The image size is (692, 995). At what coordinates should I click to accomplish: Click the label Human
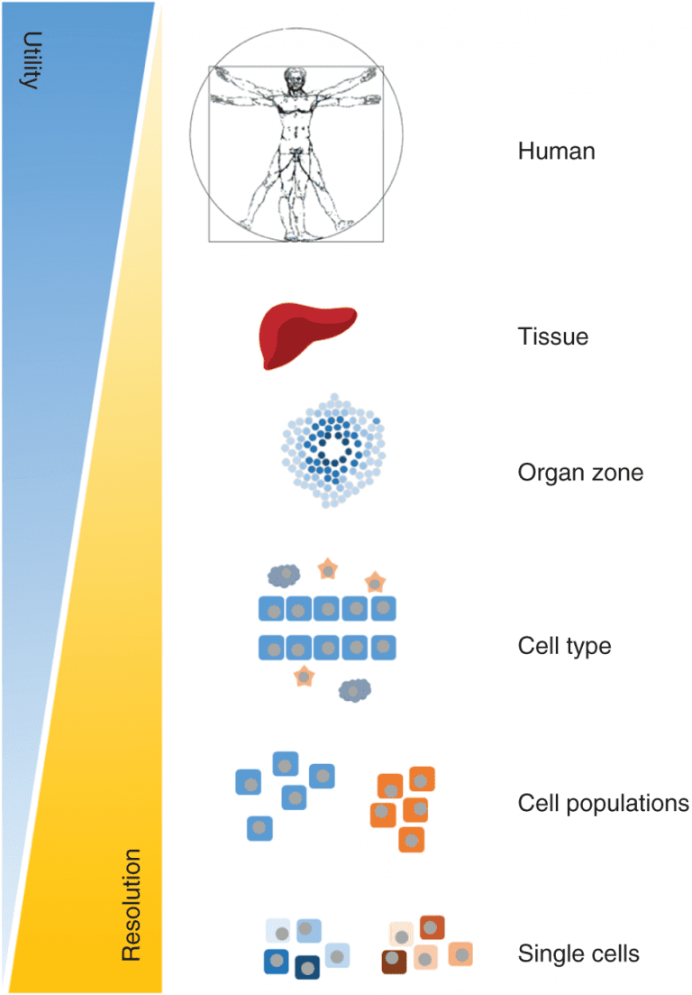click(556, 151)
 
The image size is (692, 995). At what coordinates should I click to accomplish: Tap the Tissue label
click(552, 337)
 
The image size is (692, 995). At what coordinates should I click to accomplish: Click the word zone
click(616, 472)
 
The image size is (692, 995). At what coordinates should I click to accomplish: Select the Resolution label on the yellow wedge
click(132, 905)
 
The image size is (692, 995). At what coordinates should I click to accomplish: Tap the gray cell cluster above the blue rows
click(285, 574)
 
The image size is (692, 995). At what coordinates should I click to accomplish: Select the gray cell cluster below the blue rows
click(354, 690)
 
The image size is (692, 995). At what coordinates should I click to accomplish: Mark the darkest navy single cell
click(307, 967)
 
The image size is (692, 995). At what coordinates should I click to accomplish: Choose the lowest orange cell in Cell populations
click(411, 839)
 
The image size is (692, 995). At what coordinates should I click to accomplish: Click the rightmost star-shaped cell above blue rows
click(374, 583)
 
